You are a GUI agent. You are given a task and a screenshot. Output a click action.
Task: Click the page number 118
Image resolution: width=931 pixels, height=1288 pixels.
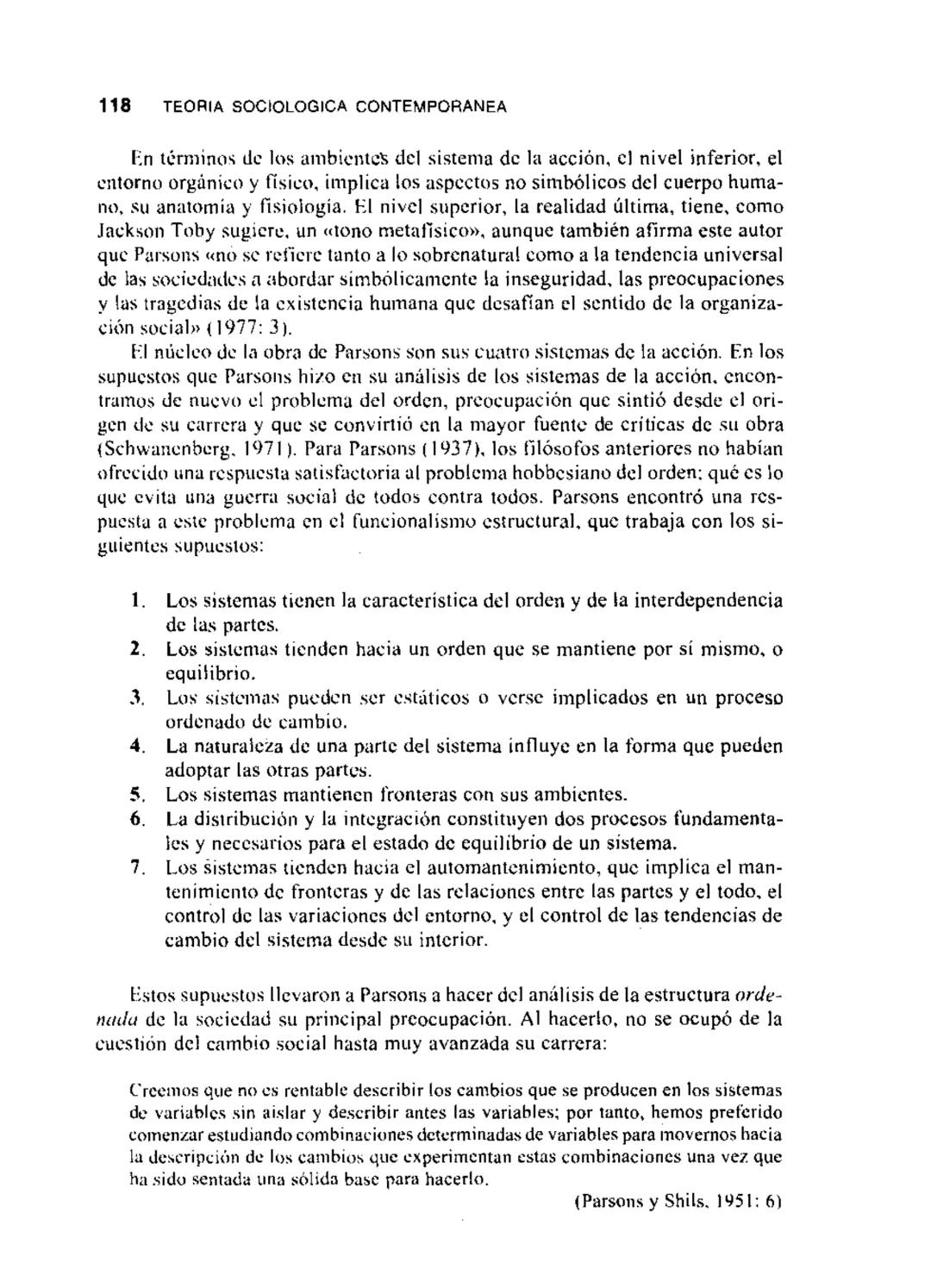pos(114,106)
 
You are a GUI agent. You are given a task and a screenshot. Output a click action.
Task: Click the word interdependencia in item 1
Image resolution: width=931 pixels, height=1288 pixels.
pos(709,600)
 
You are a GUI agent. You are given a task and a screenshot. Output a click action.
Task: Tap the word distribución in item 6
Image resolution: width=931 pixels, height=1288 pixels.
pos(238,818)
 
